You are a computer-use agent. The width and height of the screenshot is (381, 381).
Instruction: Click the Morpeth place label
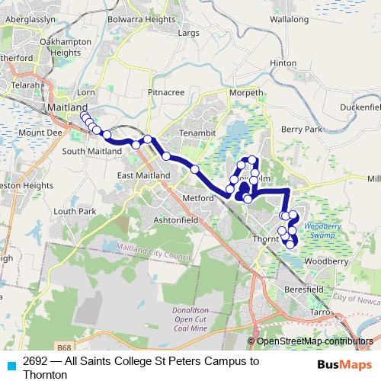(245, 93)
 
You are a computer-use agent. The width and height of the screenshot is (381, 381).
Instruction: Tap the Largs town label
(187, 34)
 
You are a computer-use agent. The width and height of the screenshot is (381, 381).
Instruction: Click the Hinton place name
(283, 63)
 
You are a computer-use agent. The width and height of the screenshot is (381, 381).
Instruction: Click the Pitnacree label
(166, 92)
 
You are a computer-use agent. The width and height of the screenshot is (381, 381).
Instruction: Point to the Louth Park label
(75, 210)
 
